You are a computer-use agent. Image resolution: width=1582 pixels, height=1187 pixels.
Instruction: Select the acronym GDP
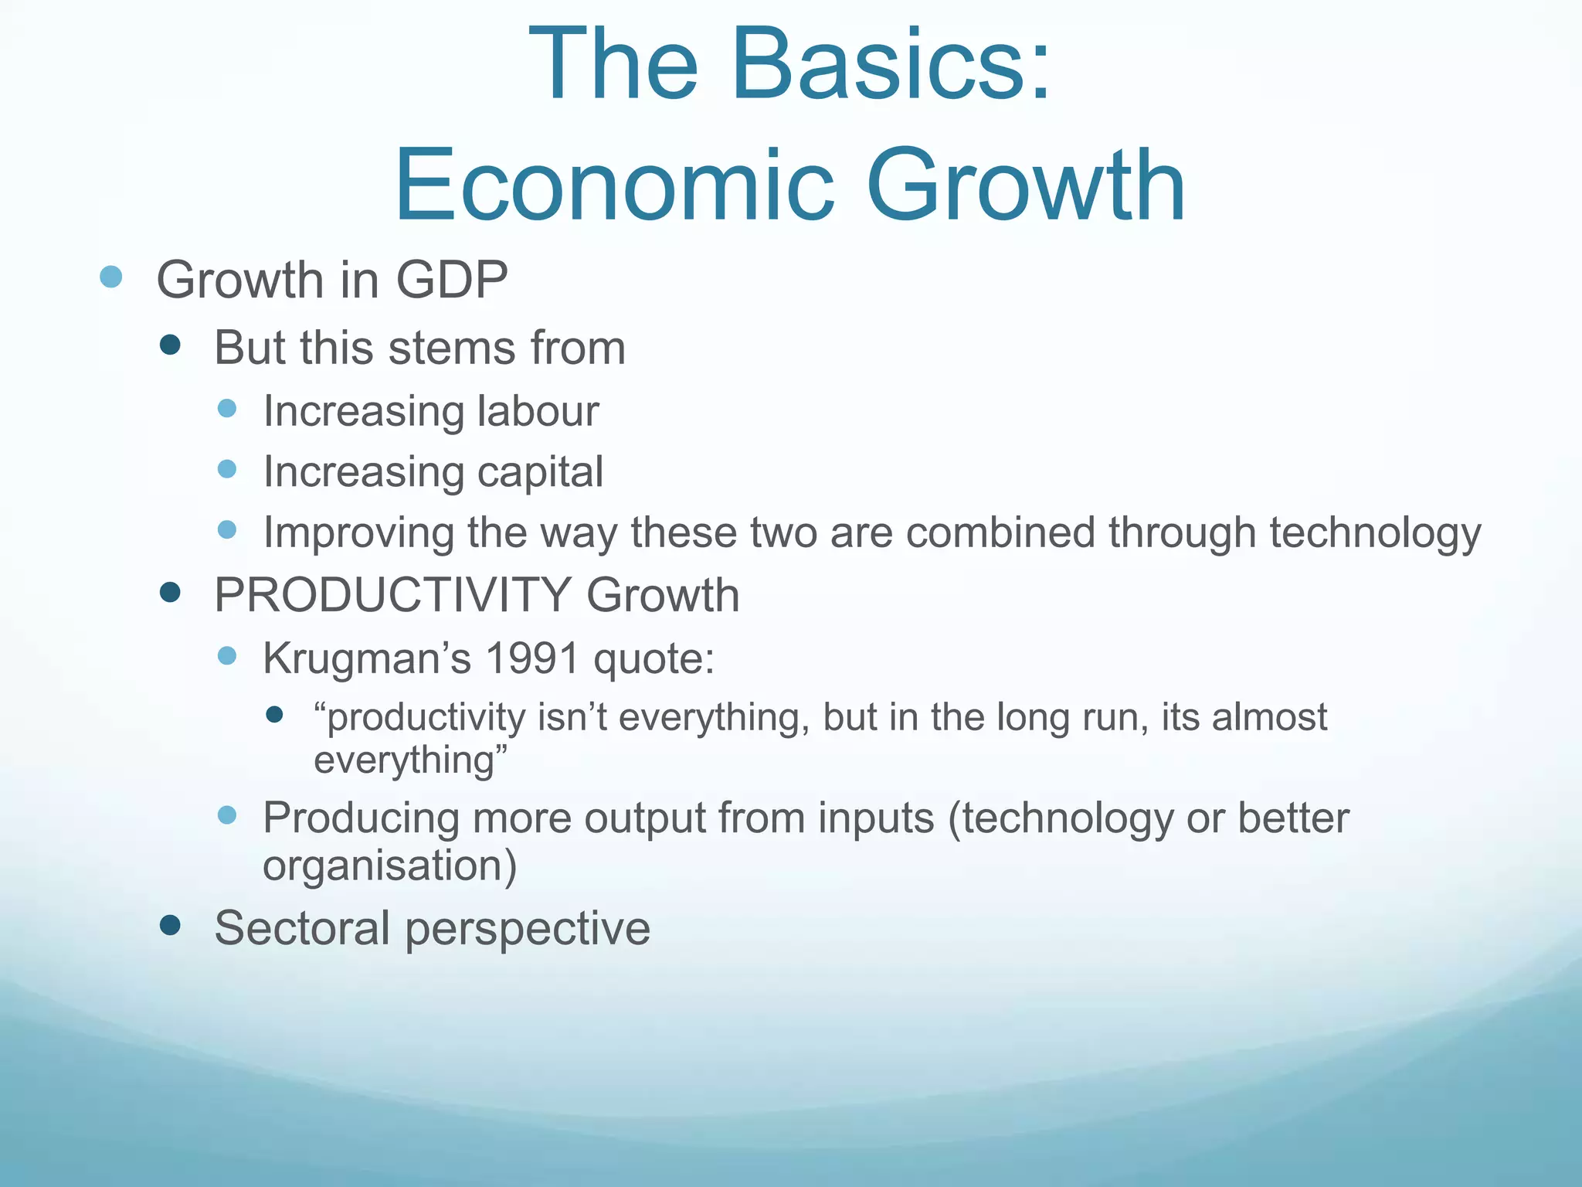451,280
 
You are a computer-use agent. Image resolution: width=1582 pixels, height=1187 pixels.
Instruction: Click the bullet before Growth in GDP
111,277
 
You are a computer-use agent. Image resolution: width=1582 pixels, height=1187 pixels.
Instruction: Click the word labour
538,410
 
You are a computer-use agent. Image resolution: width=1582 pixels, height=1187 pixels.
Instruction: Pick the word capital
540,472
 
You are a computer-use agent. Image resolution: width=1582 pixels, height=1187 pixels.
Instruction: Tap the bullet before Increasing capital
227,468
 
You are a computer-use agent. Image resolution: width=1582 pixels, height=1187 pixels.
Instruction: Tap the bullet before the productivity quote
274,715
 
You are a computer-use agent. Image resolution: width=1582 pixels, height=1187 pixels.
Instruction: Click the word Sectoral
302,927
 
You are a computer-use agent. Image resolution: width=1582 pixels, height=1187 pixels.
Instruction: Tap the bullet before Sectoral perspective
170,924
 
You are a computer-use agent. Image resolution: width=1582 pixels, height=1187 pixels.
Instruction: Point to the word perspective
528,929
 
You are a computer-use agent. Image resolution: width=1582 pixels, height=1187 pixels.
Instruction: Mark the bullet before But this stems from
170,345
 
